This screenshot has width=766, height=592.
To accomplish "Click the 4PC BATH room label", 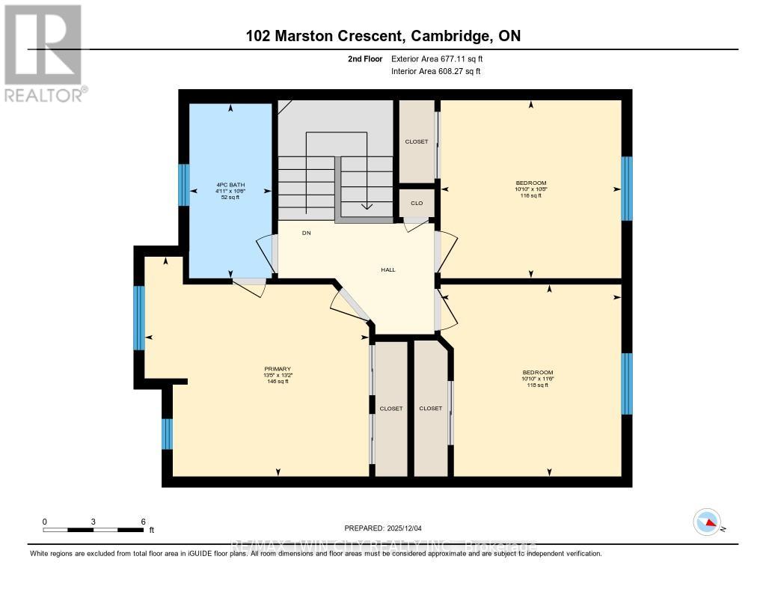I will [x=230, y=184].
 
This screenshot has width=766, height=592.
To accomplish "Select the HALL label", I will [x=387, y=269].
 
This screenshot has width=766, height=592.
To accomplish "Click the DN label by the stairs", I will [x=306, y=233].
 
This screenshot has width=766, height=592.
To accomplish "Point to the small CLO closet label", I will [x=417, y=203].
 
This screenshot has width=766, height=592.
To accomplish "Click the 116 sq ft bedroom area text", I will [x=531, y=195].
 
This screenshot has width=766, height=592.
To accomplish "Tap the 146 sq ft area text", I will [x=278, y=382].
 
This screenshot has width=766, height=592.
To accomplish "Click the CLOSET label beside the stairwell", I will [x=417, y=141].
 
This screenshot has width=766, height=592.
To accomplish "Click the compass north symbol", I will [x=707, y=522].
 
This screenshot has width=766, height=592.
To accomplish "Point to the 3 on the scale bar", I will [x=94, y=521].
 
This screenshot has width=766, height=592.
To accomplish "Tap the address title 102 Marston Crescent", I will [x=382, y=36].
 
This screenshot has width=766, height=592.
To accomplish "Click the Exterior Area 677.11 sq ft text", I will [x=442, y=58].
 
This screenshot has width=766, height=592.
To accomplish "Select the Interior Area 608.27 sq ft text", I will [x=436, y=72].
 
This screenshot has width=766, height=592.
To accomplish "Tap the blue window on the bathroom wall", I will [x=183, y=185].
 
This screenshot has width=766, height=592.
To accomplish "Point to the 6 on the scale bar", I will [x=143, y=521].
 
